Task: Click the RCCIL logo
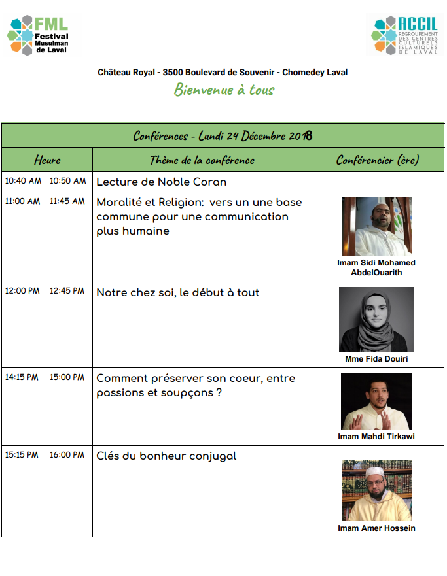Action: coord(406,35)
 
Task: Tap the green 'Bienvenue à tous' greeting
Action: coord(224,90)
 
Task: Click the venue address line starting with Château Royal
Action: coord(223,72)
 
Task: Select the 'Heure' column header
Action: coord(47,160)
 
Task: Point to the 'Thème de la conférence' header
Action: coord(202,160)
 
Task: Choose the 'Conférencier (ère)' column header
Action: coord(377,160)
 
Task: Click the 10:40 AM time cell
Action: coord(23,181)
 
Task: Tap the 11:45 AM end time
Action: coord(67,201)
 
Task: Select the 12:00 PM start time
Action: coord(23,291)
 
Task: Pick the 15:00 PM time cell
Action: coord(67,377)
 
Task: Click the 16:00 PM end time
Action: coord(67,454)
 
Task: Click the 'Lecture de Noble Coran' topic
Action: coord(162,182)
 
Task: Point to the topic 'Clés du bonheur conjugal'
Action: coord(166,456)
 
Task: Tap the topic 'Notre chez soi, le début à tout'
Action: coord(178,292)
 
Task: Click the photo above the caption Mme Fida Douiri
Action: coord(376,319)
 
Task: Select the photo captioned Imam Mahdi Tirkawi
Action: coord(376,401)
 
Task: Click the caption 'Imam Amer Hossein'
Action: coord(376,528)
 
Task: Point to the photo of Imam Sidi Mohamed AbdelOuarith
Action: coord(376,226)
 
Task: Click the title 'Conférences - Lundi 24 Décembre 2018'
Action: coord(223,136)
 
